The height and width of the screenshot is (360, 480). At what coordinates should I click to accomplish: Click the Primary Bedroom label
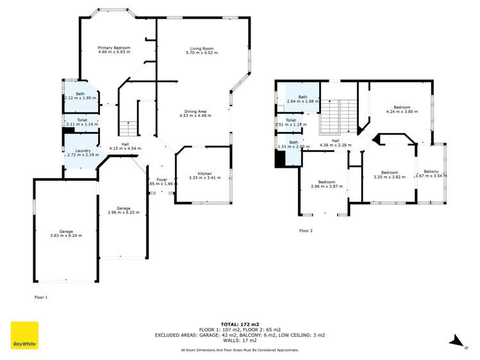114,48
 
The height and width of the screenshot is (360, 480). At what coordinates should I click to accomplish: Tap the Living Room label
201,48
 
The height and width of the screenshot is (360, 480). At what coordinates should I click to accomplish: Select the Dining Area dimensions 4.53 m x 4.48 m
195,116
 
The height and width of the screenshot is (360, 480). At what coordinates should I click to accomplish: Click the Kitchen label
204,173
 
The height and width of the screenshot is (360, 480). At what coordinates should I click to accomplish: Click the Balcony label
430,170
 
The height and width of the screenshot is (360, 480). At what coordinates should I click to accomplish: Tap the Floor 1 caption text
40,298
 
